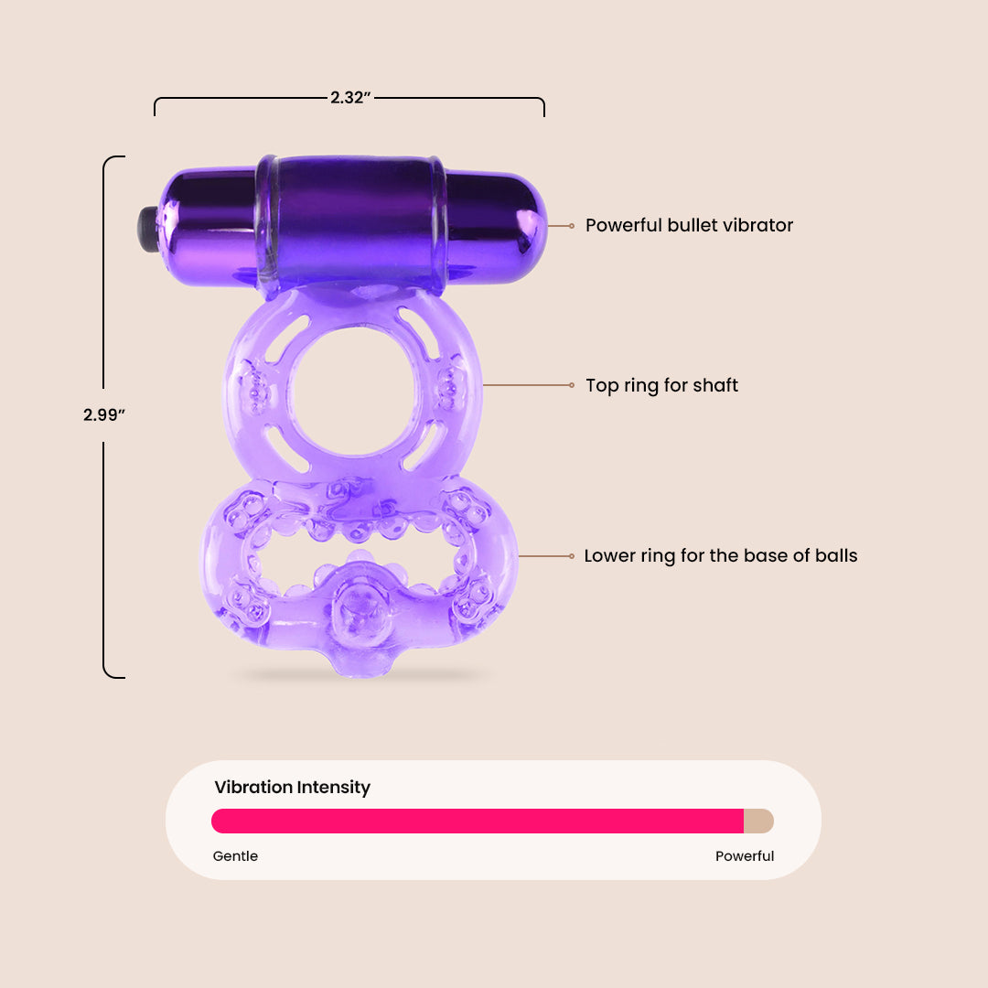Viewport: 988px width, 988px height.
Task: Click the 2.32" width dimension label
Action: click(350, 98)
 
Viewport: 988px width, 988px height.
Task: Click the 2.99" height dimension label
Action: click(104, 414)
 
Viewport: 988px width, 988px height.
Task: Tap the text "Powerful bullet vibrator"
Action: click(689, 225)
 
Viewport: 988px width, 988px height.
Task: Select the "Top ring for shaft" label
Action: click(661, 385)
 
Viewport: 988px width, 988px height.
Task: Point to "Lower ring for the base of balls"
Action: click(720, 556)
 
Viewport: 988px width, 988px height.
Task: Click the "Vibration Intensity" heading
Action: click(293, 787)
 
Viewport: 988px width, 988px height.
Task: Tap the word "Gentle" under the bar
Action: click(235, 855)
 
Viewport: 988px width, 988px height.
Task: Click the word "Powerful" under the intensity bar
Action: click(744, 855)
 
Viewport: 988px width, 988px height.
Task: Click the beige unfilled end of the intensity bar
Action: click(758, 821)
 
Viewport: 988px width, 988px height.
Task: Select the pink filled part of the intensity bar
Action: click(478, 821)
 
